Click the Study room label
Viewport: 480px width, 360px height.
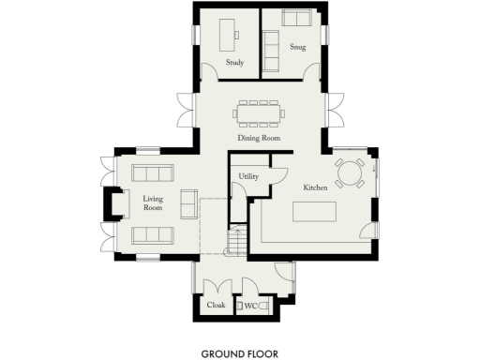(x=234, y=63)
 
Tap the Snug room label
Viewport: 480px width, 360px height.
(x=298, y=46)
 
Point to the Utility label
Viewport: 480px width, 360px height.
(x=248, y=175)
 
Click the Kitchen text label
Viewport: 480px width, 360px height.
(x=314, y=188)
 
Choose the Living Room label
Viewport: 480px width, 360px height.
(x=153, y=204)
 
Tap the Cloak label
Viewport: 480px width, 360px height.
(x=215, y=306)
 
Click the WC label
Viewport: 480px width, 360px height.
(x=250, y=306)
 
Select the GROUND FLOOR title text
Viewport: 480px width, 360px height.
(x=240, y=353)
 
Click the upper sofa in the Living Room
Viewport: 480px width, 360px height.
(x=152, y=172)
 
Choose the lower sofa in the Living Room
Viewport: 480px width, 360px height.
(x=152, y=235)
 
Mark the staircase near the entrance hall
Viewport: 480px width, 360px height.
(x=236, y=243)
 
